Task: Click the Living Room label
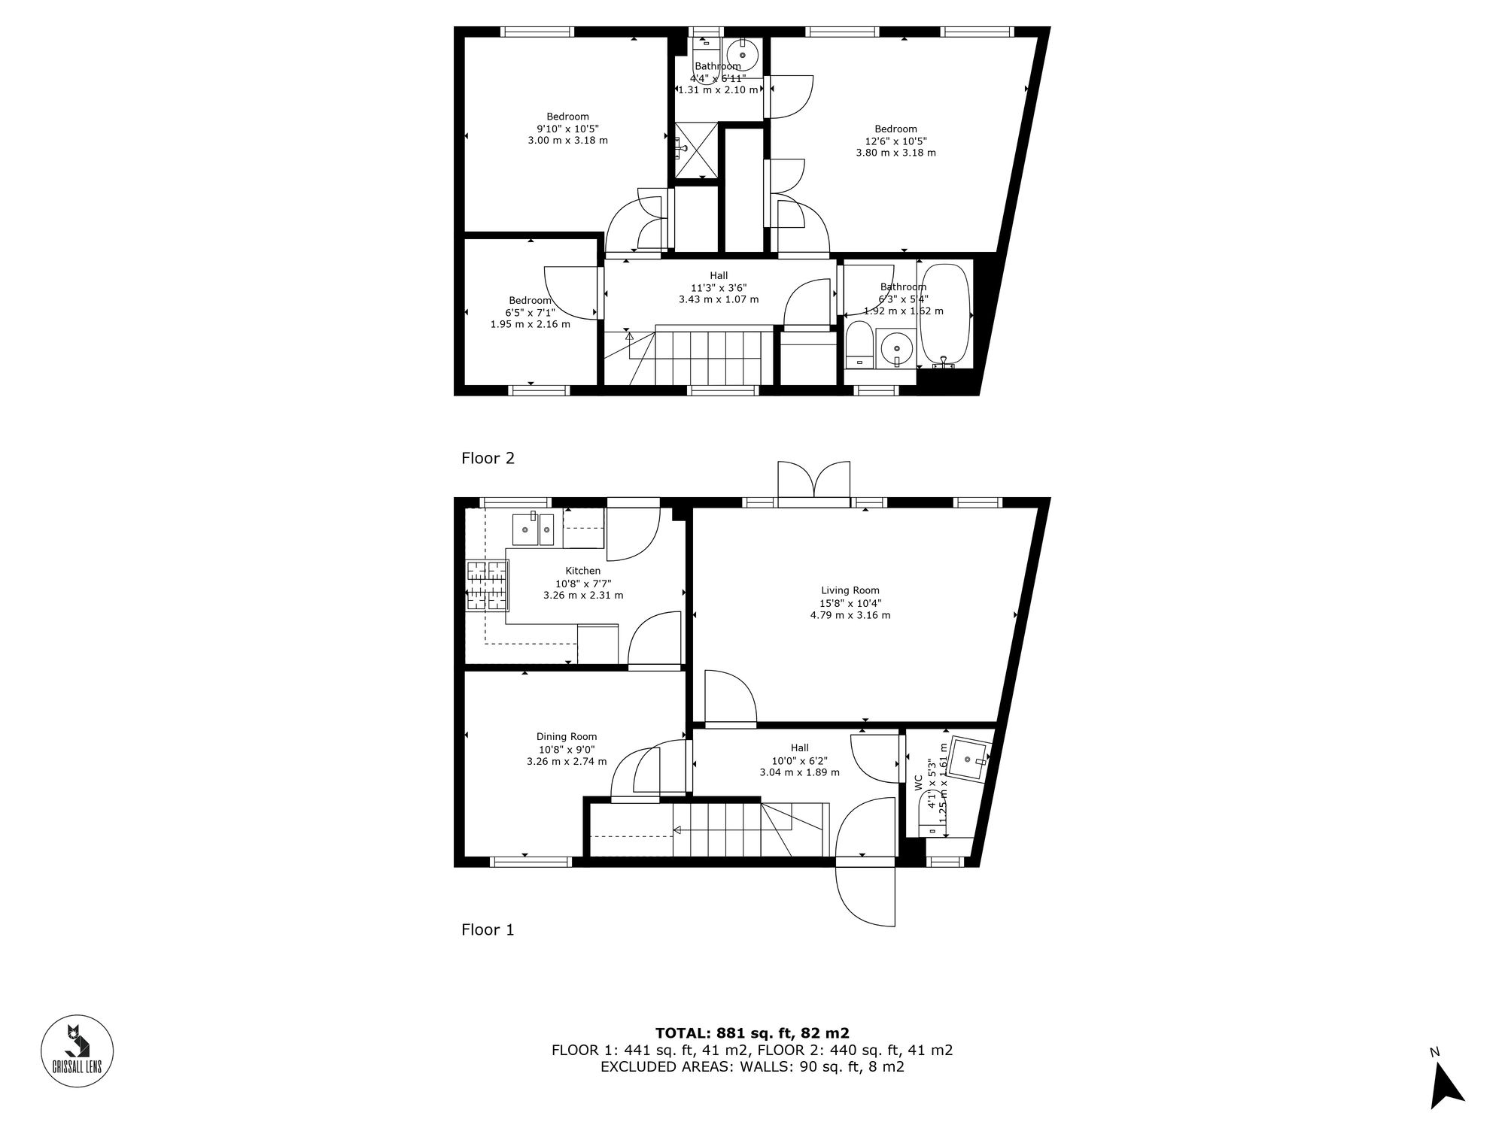click(x=850, y=590)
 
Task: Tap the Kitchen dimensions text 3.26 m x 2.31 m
click(x=583, y=595)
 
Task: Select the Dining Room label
click(x=567, y=737)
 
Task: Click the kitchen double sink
click(x=534, y=529)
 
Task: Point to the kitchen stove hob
click(x=487, y=586)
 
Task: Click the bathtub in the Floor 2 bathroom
click(x=945, y=314)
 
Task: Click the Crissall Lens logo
click(x=77, y=1051)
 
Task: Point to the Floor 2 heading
click(x=488, y=458)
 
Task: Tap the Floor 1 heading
click(x=488, y=929)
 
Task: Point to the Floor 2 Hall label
click(x=718, y=275)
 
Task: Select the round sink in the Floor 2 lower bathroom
click(x=895, y=349)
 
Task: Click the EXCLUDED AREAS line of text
click(x=752, y=1066)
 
